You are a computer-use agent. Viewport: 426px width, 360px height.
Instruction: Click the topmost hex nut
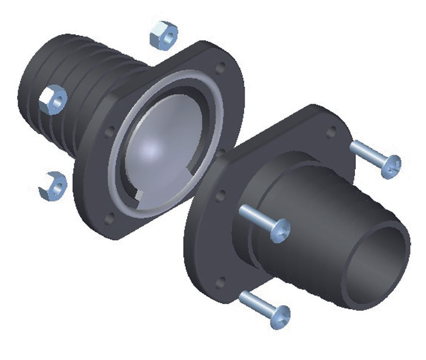point(163,35)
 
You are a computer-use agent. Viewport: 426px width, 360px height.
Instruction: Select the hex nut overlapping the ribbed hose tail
point(53,100)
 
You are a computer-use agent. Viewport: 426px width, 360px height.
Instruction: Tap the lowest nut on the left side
point(53,185)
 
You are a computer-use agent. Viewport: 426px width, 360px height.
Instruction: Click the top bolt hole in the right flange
point(331,132)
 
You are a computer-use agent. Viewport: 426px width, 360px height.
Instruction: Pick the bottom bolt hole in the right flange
point(220,283)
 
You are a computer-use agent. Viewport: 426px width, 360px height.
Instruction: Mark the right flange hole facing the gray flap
point(220,195)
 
